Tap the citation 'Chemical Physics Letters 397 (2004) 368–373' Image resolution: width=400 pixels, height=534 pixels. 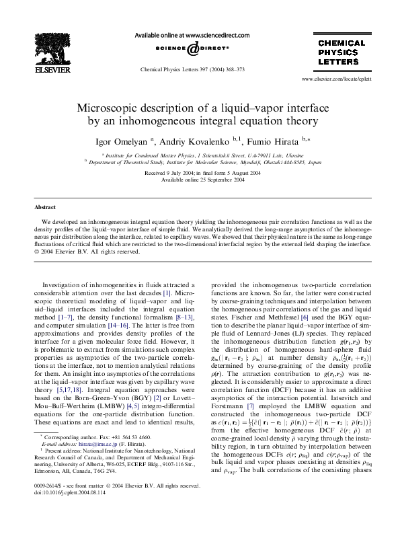pos(182,69)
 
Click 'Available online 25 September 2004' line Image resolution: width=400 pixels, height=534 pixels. pos(200,180)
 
